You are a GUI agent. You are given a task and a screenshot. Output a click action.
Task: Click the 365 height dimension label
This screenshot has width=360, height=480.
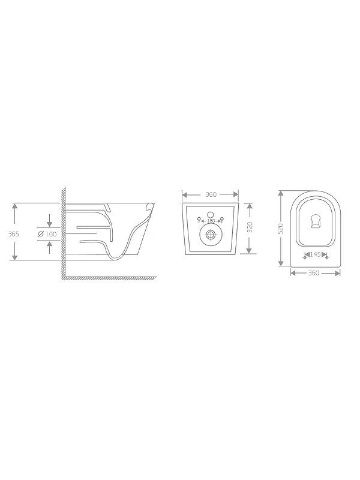coord(13,234)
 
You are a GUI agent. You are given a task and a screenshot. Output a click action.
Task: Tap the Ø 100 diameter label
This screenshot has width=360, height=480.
coord(47,234)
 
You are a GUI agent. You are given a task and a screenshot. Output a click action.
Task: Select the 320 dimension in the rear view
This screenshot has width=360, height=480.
coord(250,227)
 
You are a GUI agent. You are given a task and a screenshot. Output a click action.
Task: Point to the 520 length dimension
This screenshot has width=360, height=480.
coord(281,229)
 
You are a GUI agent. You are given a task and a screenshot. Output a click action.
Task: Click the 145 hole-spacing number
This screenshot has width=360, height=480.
coord(316,254)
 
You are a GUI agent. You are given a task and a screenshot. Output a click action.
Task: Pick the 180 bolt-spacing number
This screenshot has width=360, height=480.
coord(211,221)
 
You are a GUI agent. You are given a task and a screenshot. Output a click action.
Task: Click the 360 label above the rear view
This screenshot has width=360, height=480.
coord(211,194)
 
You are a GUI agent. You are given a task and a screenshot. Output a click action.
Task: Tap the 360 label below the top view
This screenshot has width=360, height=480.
coord(313,273)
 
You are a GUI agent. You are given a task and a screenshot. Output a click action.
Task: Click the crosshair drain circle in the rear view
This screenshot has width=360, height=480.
coord(210,235)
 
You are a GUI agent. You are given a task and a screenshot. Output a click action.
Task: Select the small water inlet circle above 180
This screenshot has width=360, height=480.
coord(211,215)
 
